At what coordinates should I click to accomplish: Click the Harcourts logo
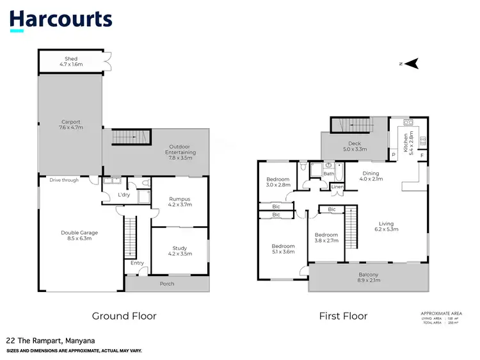coord(61,20)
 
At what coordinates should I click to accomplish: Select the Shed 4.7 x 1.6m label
coord(71,62)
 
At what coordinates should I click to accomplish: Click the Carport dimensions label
coord(71,124)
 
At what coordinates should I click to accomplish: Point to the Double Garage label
coord(79,236)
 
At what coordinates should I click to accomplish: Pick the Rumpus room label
coord(179,202)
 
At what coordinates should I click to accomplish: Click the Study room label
coord(179,251)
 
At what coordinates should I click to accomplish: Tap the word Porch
coord(166,284)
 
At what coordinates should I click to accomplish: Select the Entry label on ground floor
coord(138,263)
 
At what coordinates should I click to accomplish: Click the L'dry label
coord(124,195)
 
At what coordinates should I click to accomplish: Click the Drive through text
coord(65,180)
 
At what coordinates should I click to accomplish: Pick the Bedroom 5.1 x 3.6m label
coord(283,249)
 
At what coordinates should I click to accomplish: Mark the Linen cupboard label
coord(337,187)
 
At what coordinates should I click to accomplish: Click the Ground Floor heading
coord(124,316)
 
